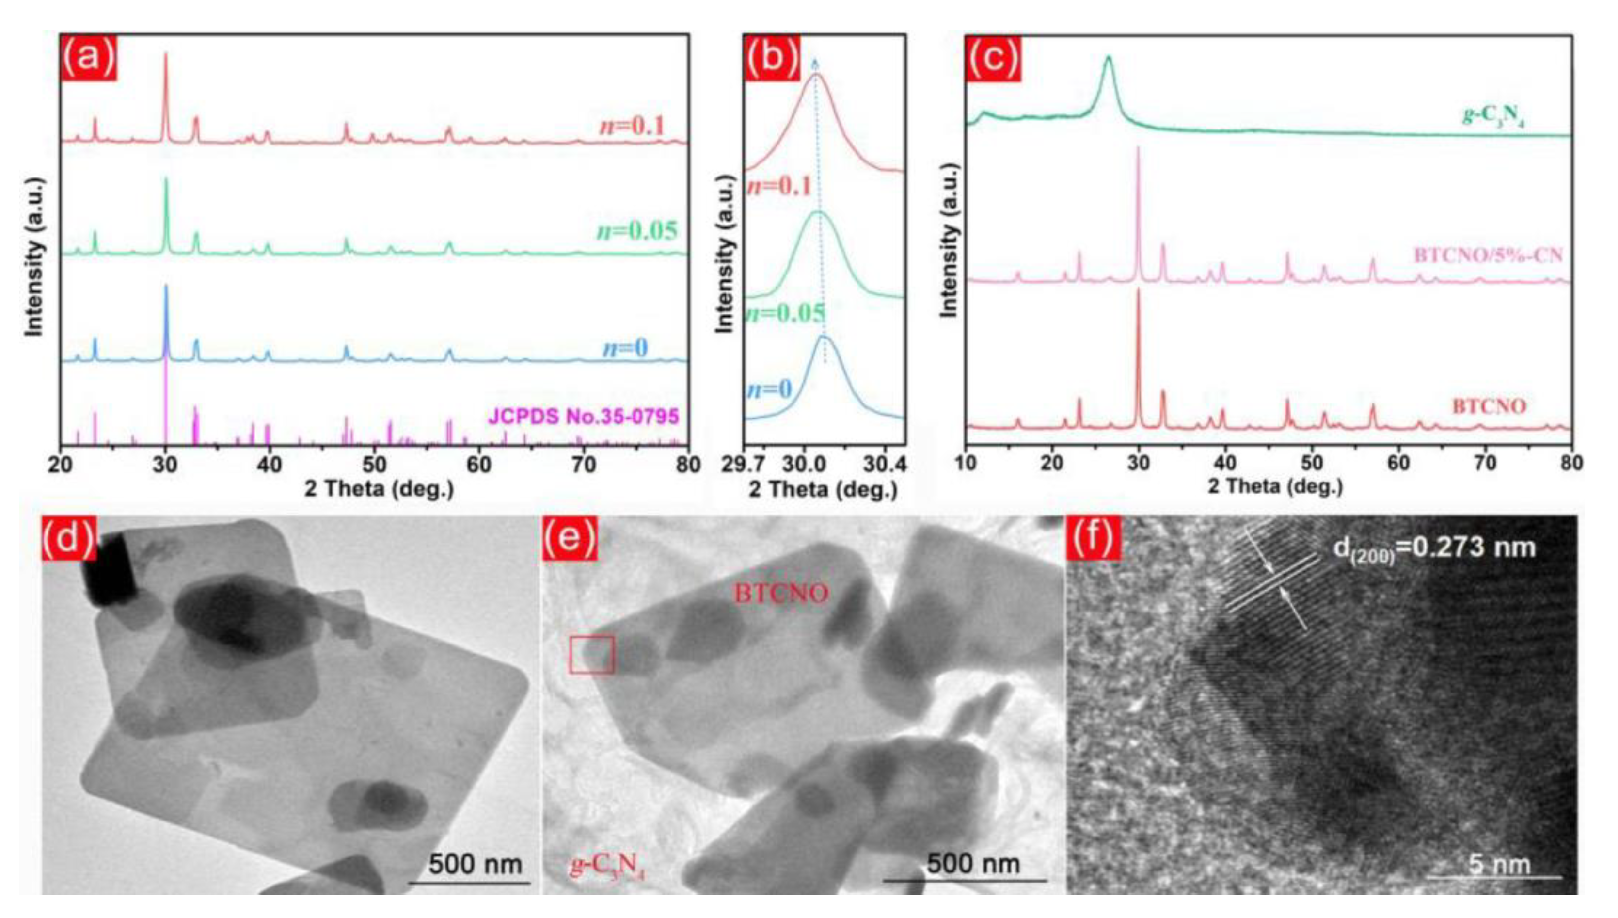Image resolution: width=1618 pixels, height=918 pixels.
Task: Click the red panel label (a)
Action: pyautogui.click(x=88, y=58)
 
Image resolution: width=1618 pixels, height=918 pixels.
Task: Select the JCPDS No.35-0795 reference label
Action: pyautogui.click(x=583, y=416)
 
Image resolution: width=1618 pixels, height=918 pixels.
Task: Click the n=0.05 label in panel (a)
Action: pyautogui.click(x=637, y=231)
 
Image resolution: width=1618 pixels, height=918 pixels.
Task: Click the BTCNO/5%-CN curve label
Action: pyautogui.click(x=1484, y=256)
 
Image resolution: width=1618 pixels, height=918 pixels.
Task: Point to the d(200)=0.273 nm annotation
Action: pyautogui.click(x=1434, y=548)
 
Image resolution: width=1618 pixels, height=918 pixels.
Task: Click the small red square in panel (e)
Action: pyautogui.click(x=591, y=655)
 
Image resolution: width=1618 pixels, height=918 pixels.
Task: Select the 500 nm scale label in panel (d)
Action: pyautogui.click(x=476, y=864)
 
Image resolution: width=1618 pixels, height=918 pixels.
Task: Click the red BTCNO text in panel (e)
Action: pyautogui.click(x=781, y=593)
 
